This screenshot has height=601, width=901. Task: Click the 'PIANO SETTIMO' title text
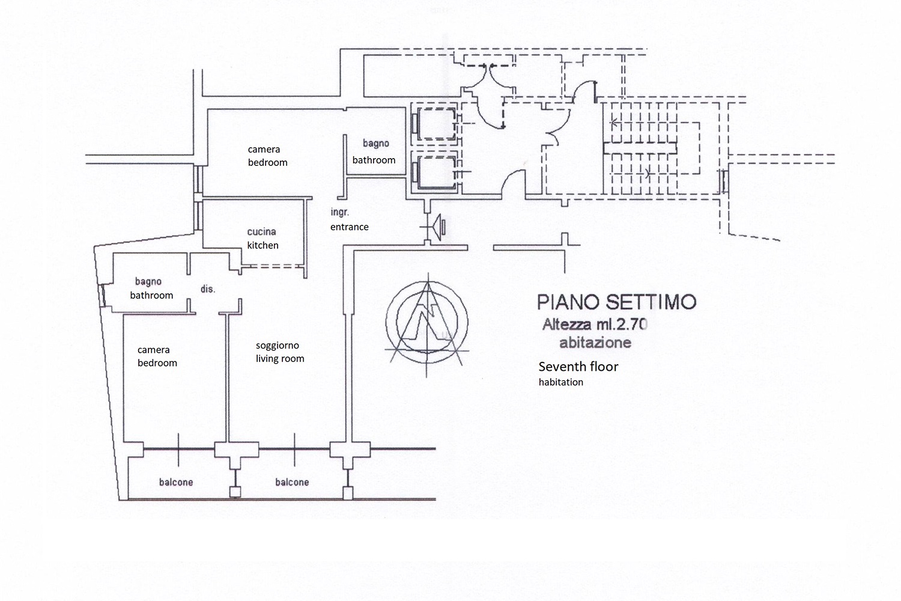(616, 301)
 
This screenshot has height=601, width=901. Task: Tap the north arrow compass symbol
(427, 319)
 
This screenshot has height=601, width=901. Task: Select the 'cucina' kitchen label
(261, 231)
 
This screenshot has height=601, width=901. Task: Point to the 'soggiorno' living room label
(277, 346)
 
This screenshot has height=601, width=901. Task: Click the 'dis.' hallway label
(208, 289)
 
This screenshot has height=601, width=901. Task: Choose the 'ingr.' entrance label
(339, 212)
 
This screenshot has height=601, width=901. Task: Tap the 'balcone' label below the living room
(292, 482)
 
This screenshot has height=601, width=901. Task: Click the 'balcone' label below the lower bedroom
(176, 482)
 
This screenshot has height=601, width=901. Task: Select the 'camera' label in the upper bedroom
(264, 149)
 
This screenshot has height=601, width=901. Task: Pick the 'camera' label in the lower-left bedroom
(153, 350)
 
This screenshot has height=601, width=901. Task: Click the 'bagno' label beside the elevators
(376, 143)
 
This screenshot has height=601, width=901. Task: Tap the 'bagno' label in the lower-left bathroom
(148, 281)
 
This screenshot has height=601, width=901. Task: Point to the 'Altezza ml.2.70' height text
(595, 325)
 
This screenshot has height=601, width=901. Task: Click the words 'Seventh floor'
(578, 367)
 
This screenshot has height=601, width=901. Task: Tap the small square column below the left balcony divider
(235, 492)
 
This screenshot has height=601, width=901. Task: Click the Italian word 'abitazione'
(595, 343)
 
